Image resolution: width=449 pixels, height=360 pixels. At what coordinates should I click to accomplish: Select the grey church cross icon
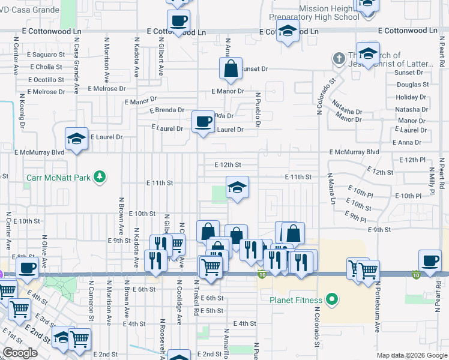[339, 59]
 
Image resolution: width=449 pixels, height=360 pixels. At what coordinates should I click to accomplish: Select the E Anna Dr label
[406, 142]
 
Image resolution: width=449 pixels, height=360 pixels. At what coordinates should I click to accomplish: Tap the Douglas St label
[412, 85]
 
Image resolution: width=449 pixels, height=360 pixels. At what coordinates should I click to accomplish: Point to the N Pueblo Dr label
[258, 110]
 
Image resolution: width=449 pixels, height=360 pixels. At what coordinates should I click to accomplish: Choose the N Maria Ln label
[331, 188]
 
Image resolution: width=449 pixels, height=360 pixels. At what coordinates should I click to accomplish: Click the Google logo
[20, 353]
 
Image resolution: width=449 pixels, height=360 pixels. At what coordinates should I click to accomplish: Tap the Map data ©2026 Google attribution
[411, 355]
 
